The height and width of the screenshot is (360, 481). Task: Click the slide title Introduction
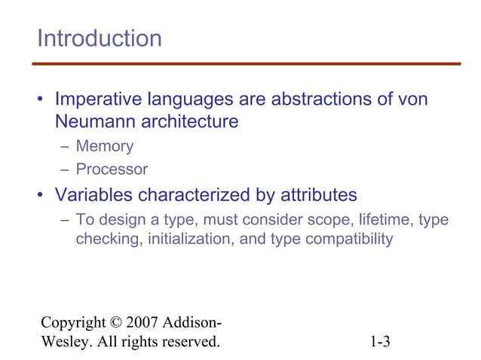[x=100, y=38]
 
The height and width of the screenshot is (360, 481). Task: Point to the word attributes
[x=311, y=195]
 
